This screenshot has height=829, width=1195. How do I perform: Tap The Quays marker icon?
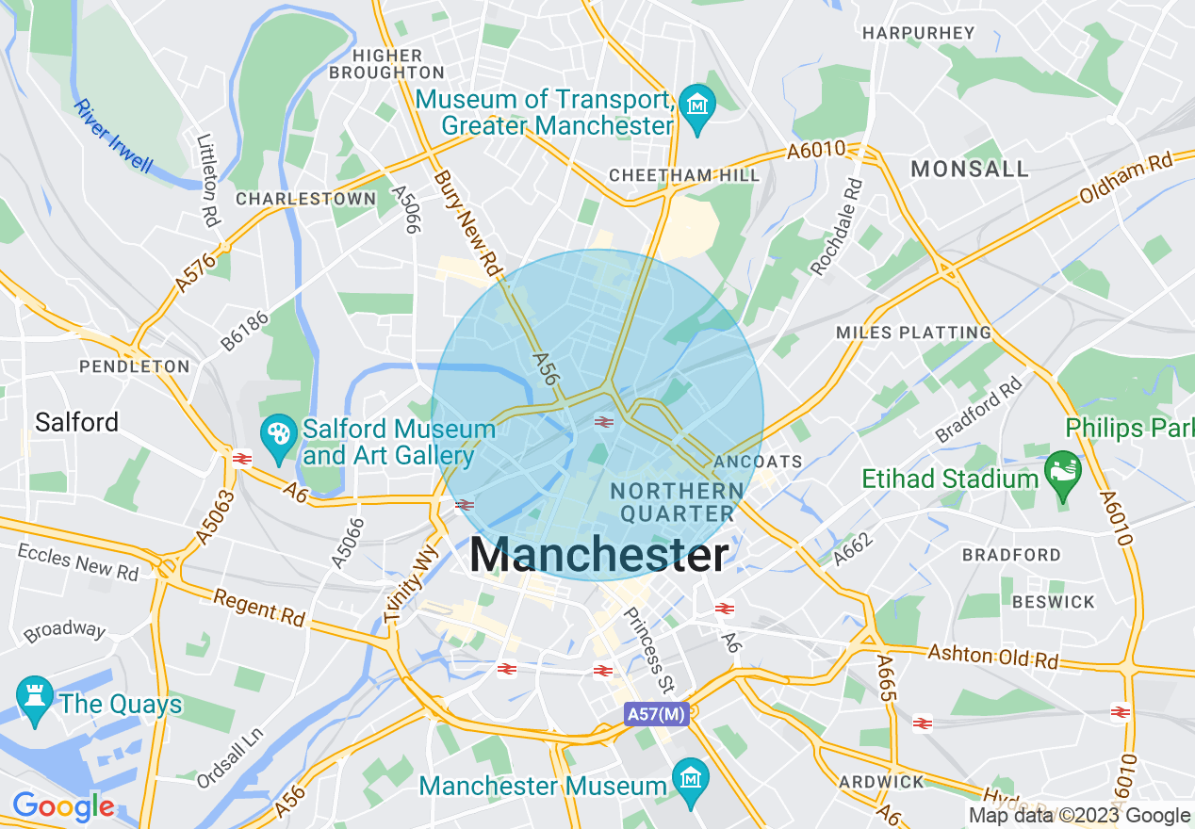pyautogui.click(x=35, y=698)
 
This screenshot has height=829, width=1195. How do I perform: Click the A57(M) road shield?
pyautogui.click(x=656, y=714)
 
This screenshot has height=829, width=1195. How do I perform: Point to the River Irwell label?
pyautogui.click(x=112, y=136)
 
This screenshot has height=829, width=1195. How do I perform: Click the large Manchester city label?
pyautogui.click(x=598, y=555)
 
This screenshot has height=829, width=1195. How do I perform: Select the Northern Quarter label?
pyautogui.click(x=676, y=502)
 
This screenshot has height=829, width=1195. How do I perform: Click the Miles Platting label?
pyautogui.click(x=913, y=333)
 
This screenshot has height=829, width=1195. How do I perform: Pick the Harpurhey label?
pyautogui.click(x=918, y=33)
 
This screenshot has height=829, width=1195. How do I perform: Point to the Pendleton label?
pyautogui.click(x=135, y=366)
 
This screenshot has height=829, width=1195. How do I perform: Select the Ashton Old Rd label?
pyautogui.click(x=992, y=656)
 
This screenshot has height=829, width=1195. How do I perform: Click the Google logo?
pyautogui.click(x=63, y=806)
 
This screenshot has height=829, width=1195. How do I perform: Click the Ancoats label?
pyautogui.click(x=758, y=462)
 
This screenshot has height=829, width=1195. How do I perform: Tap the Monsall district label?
pyautogui.click(x=969, y=169)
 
